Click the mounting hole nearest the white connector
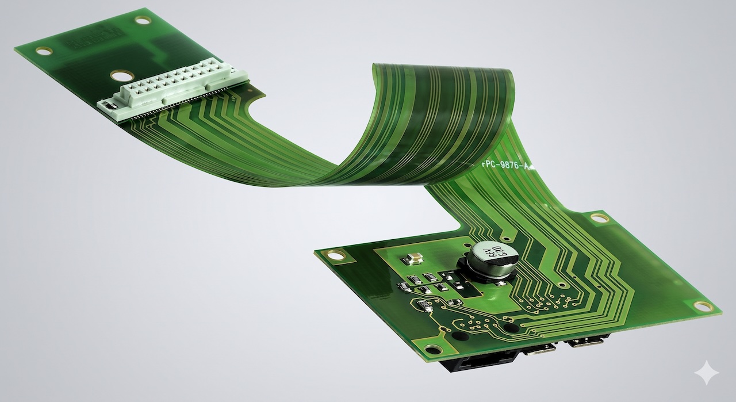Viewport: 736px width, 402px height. [x=120, y=75]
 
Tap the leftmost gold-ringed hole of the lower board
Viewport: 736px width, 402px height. [x=335, y=254]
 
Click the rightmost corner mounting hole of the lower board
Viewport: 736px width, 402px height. [x=702, y=306]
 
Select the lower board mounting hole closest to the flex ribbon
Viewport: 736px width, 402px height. [x=599, y=218]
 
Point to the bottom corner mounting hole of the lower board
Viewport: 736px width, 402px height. [x=432, y=349]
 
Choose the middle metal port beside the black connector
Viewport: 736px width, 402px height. [x=540, y=350]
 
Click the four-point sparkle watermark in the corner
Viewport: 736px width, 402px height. [x=706, y=373]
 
